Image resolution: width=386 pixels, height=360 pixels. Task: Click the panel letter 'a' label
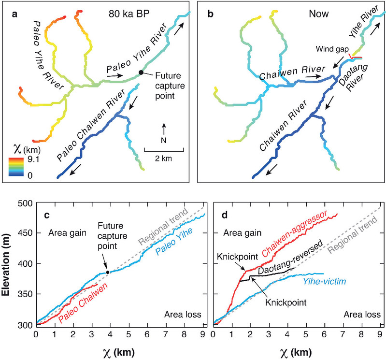(14, 14)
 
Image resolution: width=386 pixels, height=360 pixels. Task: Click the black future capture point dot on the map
(141, 72)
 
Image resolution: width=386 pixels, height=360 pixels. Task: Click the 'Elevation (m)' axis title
(11, 264)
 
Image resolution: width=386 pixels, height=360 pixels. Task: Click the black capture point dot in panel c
(108, 272)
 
